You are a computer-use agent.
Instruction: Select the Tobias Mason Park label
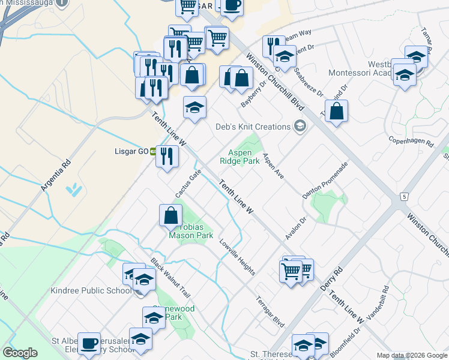point(191,231)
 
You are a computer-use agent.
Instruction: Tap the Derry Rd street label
point(331,280)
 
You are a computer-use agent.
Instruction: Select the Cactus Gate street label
point(188,183)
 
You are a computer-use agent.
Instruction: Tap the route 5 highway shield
point(405,197)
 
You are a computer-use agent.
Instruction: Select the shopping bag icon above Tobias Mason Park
point(171,215)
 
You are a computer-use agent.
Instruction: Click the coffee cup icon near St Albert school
point(89,343)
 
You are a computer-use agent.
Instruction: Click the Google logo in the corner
point(20,353)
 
